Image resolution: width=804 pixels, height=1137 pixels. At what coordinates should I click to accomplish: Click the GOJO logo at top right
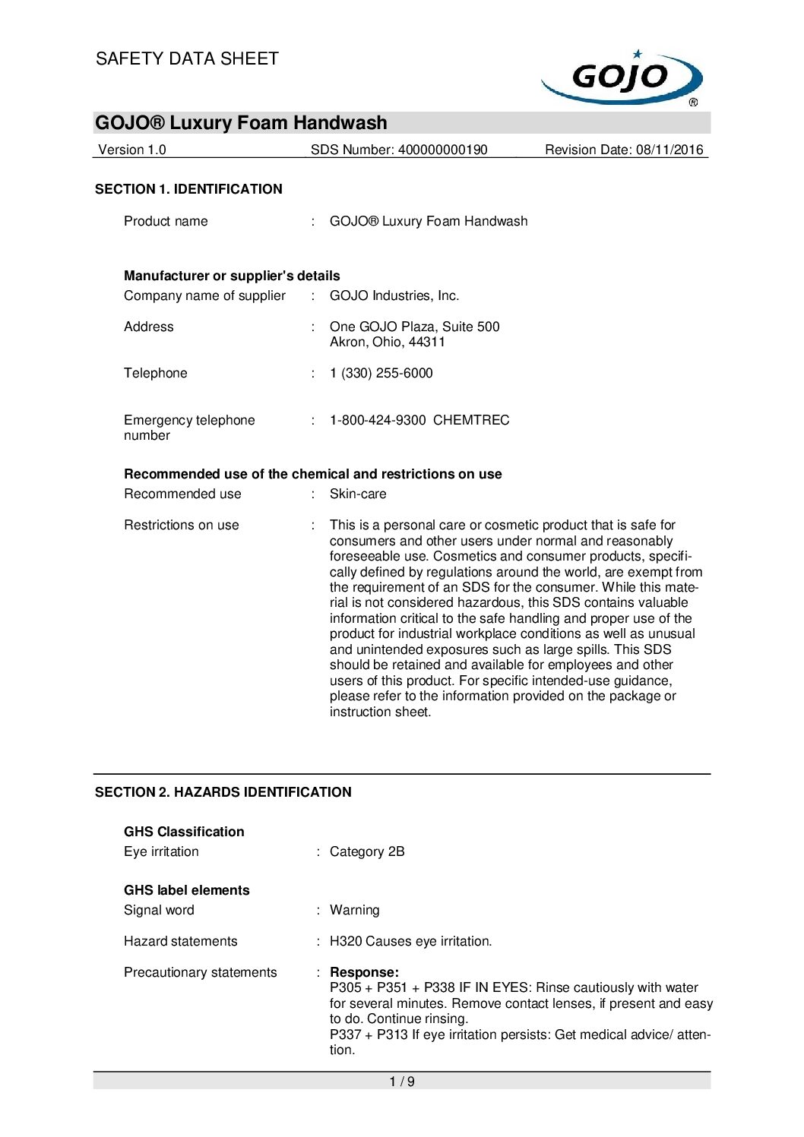pos(622,77)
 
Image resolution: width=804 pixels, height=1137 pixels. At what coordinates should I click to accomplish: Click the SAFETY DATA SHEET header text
pos(187,58)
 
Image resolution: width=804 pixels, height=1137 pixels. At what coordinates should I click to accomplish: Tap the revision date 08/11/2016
pos(669,150)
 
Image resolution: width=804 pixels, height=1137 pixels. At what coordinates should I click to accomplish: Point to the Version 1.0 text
pos(132,150)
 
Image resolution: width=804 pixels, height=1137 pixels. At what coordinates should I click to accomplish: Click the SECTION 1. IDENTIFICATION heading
pos(188,189)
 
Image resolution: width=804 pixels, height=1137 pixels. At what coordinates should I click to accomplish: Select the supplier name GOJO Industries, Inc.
pos(394,295)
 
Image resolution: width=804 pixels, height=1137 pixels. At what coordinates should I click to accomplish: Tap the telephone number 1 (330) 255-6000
pos(381,373)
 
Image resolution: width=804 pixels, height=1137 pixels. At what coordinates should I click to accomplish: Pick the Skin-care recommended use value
pos(358,494)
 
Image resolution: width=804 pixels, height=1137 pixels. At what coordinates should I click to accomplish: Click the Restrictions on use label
pos(182,525)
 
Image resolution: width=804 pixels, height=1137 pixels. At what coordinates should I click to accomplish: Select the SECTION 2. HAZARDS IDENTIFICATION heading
pos(223,792)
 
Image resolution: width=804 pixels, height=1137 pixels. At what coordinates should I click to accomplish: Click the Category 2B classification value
pos(367,851)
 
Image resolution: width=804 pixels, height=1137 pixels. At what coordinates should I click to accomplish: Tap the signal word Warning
pos(354,910)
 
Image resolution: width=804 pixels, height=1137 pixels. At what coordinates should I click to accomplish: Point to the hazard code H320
pos(346,941)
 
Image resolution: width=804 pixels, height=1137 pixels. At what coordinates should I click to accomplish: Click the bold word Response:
pos(364,972)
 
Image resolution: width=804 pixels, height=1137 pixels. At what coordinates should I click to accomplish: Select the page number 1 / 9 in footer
pos(402,1082)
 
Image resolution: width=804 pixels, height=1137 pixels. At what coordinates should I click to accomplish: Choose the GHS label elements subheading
pos(187,890)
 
